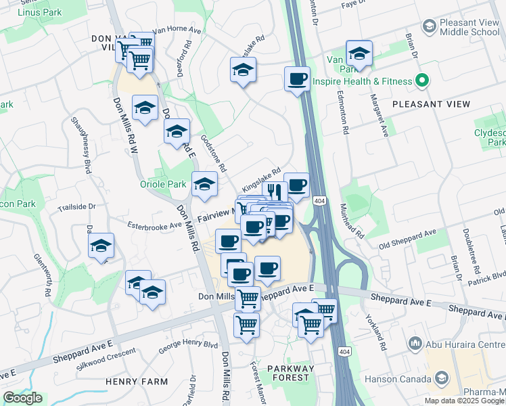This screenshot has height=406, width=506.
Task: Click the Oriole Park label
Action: [x=162, y=184]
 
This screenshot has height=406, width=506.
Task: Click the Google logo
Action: [x=22, y=398]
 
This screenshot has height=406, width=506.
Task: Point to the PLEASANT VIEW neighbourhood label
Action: [x=430, y=104]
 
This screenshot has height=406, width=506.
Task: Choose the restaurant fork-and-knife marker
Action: [x=274, y=190]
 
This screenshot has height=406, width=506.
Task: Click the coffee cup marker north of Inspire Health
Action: [x=297, y=79]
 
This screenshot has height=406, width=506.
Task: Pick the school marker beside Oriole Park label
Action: [x=204, y=184]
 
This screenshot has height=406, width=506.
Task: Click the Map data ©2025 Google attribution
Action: [x=464, y=401]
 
